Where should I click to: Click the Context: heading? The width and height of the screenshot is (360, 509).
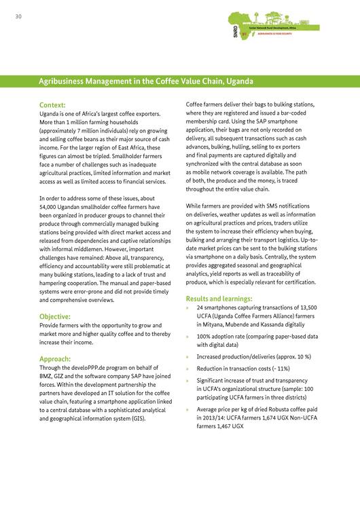coord(52,105)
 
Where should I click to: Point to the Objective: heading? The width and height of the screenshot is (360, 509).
coord(56,316)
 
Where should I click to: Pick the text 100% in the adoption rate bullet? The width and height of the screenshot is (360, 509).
coord(205,336)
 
